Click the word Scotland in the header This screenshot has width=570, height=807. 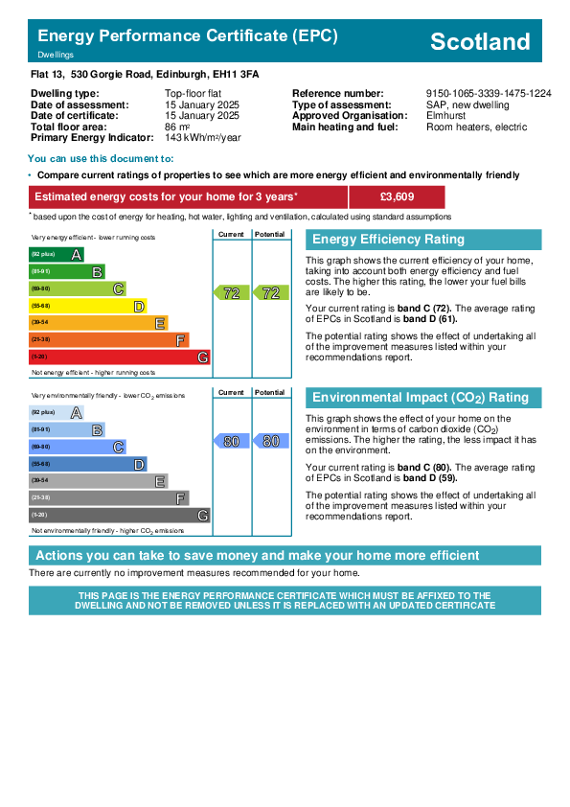(x=480, y=41)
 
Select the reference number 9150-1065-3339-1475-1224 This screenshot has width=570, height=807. (x=489, y=94)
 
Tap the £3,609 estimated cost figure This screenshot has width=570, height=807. (x=397, y=196)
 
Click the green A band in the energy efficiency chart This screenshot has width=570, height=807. (x=57, y=254)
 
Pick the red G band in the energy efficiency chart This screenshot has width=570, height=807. (x=120, y=357)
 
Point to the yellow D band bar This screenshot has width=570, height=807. (x=88, y=307)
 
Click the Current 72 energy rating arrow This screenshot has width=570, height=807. (x=231, y=293)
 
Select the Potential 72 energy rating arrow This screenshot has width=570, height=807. (x=270, y=293)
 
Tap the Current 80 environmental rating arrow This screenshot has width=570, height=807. (x=231, y=441)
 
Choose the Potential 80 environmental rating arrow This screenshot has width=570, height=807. (x=270, y=441)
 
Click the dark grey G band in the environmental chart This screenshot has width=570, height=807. (x=120, y=515)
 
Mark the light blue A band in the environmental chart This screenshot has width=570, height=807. (x=57, y=412)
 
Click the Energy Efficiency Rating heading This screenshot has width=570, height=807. (x=388, y=240)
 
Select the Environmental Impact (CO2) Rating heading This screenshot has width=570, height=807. (x=421, y=398)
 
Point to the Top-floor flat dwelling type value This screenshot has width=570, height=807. (x=193, y=94)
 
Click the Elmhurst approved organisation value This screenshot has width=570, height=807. (x=445, y=116)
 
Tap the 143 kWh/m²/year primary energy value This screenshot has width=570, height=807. (x=203, y=138)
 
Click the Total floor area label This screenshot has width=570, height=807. (x=68, y=127)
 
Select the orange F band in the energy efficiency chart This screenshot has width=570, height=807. (x=109, y=339)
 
